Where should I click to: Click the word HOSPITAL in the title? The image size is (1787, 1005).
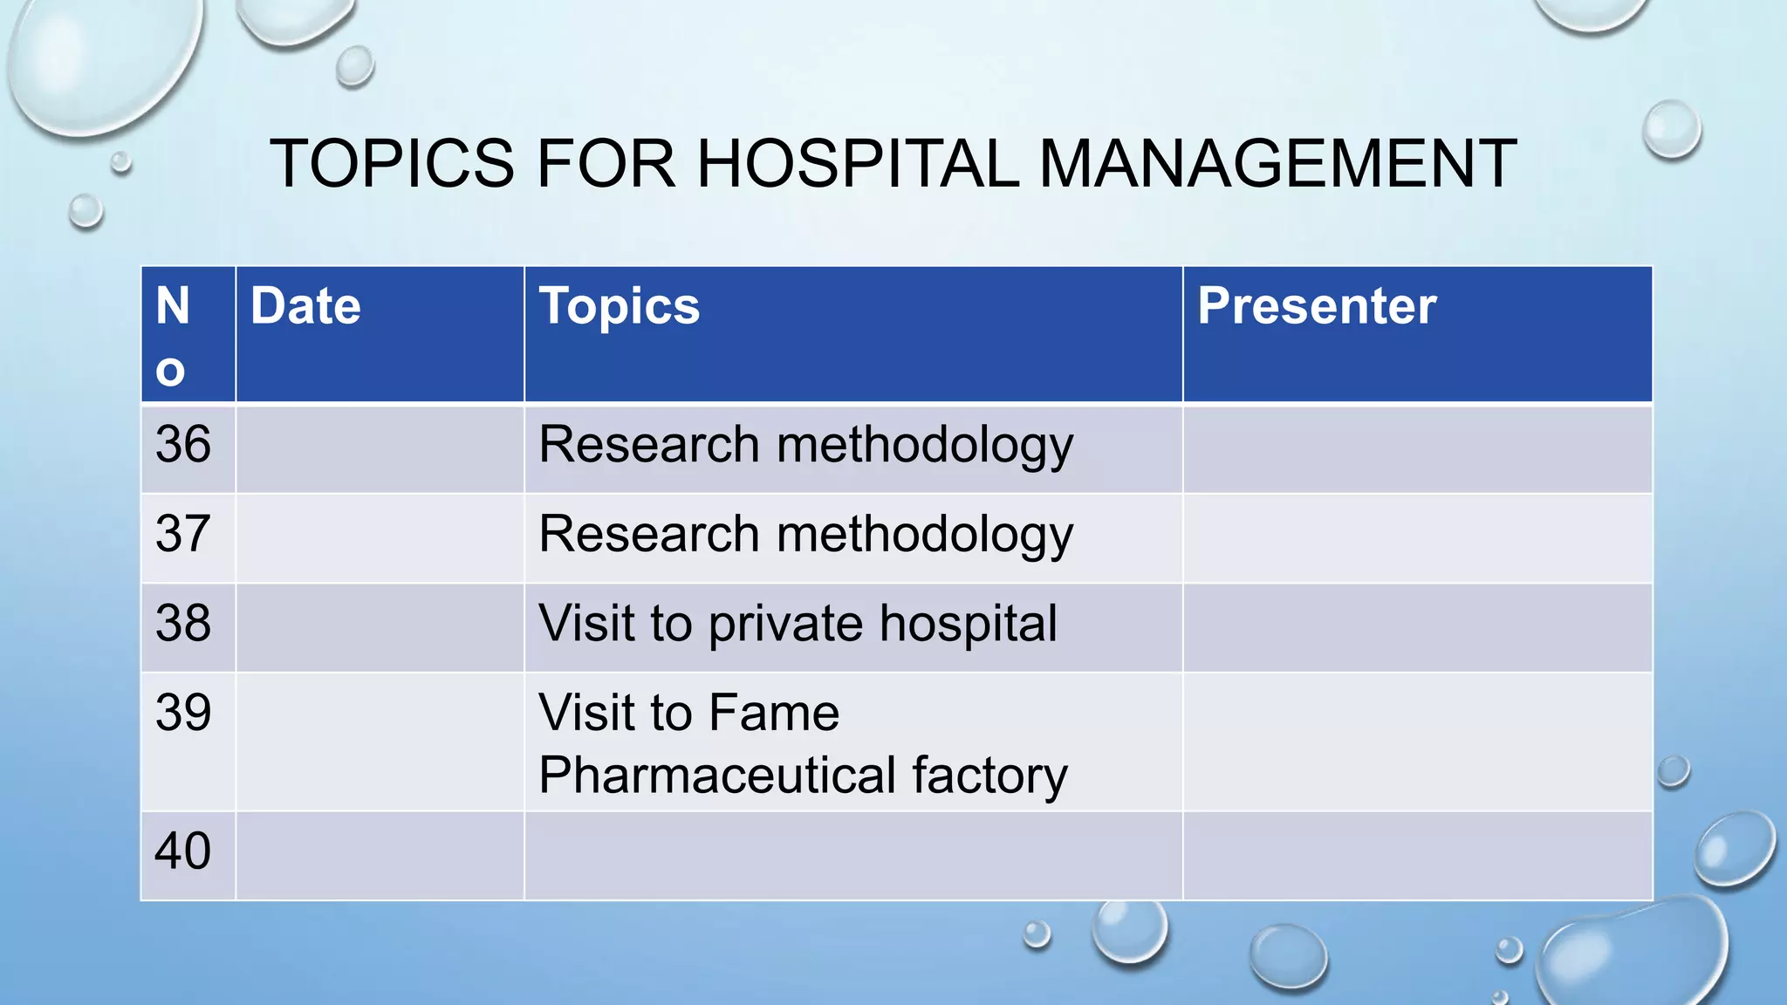[858, 163]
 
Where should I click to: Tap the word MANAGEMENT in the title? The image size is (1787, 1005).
[1277, 163]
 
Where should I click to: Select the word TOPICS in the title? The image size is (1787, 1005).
[393, 163]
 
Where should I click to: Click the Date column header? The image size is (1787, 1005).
[305, 306]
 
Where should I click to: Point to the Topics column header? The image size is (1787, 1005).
[620, 306]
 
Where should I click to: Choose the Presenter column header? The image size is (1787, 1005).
[1317, 306]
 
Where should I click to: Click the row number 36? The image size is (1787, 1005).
[183, 444]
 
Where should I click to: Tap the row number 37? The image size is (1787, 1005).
[183, 534]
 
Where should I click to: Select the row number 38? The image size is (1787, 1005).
[183, 624]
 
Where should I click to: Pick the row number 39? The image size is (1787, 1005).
[183, 713]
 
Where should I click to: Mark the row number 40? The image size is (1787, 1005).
[183, 851]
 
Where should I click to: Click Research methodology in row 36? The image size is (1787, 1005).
[805, 446]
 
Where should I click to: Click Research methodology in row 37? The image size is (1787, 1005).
[805, 535]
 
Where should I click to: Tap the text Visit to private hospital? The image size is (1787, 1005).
[798, 625]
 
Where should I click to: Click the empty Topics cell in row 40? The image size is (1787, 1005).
[852, 856]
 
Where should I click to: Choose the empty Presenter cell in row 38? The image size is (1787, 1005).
[1417, 627]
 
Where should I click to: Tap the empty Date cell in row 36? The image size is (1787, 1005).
[380, 449]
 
